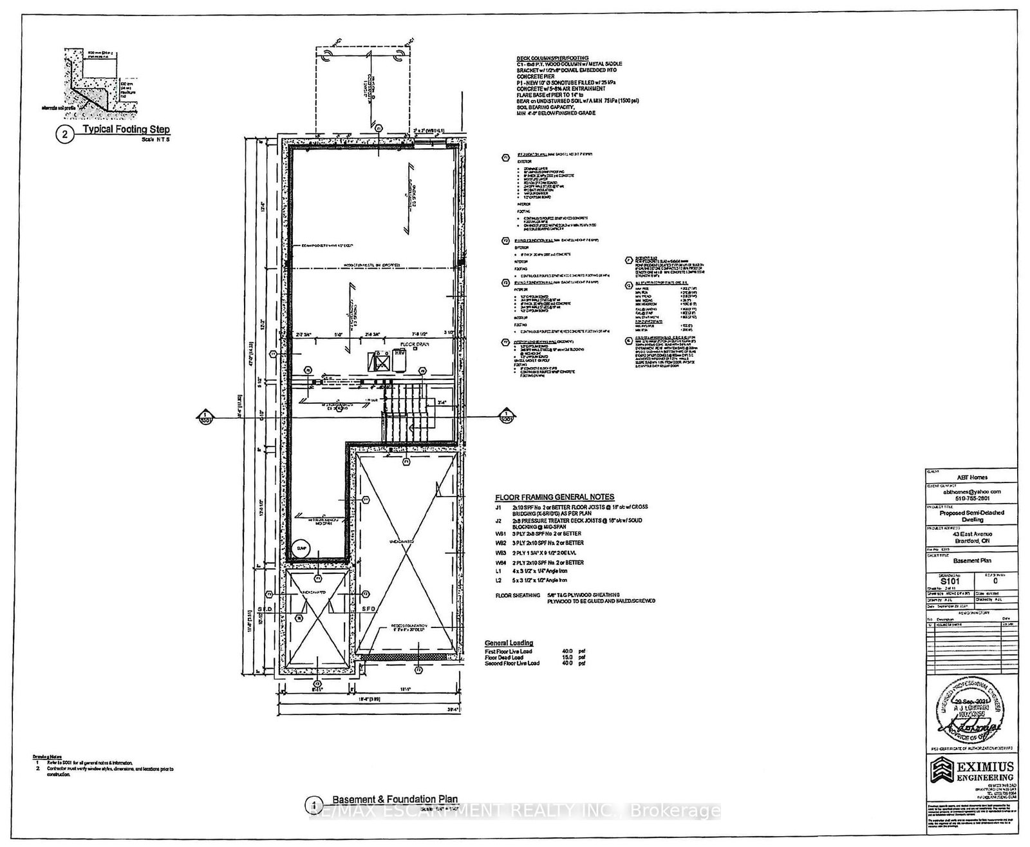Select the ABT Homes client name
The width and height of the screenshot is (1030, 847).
[972, 477]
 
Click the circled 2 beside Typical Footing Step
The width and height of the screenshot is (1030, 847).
[64, 135]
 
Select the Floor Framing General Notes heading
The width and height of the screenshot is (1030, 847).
[554, 497]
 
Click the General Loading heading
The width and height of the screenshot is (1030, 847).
[509, 643]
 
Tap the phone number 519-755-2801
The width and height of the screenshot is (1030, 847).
[972, 498]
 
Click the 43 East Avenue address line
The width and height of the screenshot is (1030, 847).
[972, 534]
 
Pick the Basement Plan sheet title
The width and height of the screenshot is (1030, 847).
[972, 560]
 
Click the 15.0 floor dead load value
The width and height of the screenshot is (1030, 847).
[567, 657]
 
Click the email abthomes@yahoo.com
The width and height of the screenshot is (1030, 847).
[972, 491]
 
